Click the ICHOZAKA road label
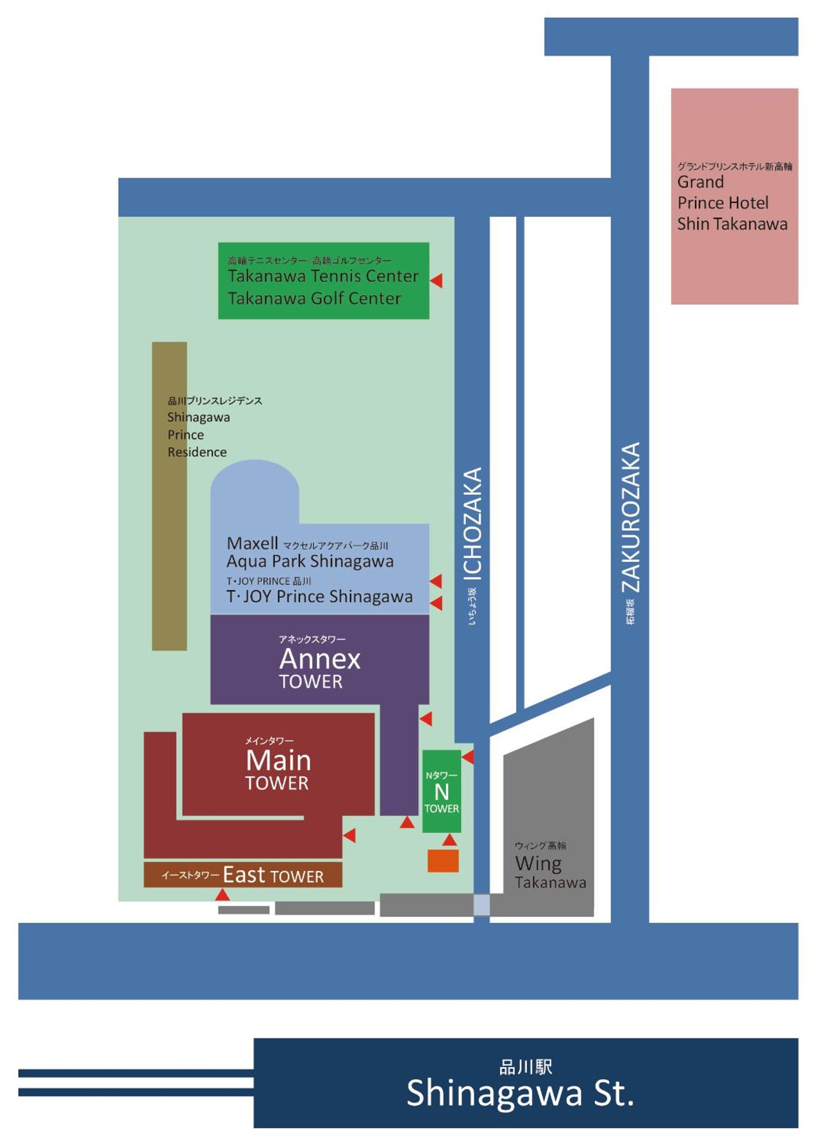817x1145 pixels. (473, 524)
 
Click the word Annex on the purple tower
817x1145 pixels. (320, 659)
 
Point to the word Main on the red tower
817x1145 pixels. (278, 760)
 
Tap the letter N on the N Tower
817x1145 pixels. (441, 792)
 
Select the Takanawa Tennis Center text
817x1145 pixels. (323, 276)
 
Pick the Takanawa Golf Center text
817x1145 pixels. (315, 298)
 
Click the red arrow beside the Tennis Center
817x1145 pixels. (437, 280)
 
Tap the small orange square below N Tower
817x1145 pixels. (443, 860)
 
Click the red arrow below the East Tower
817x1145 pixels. (222, 894)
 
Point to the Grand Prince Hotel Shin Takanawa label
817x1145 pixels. (732, 202)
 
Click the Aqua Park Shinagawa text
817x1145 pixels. (310, 561)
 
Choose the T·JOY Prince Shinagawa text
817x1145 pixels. (319, 596)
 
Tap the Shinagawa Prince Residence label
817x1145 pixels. (198, 435)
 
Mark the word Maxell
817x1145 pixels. (252, 543)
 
